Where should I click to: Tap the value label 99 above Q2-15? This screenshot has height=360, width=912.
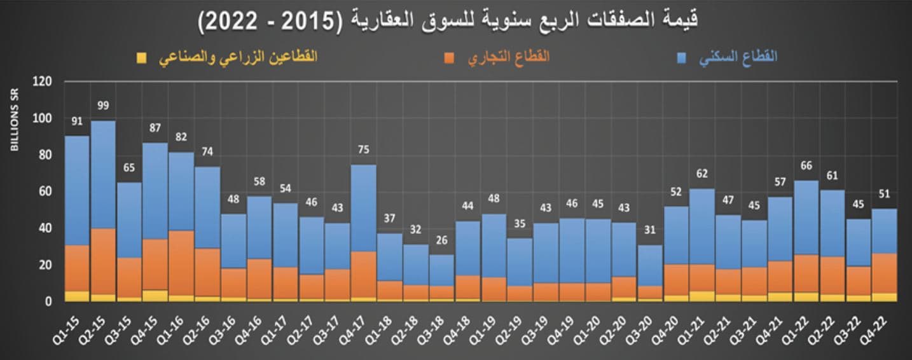(x=103, y=105)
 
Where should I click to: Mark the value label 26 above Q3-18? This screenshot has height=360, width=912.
(x=441, y=242)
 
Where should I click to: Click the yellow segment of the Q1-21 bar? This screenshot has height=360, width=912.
(x=702, y=296)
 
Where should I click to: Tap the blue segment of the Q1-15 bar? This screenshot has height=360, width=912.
(x=77, y=191)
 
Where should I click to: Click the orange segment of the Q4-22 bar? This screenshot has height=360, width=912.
(x=884, y=273)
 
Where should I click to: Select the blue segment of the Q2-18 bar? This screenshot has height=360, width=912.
(x=415, y=265)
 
